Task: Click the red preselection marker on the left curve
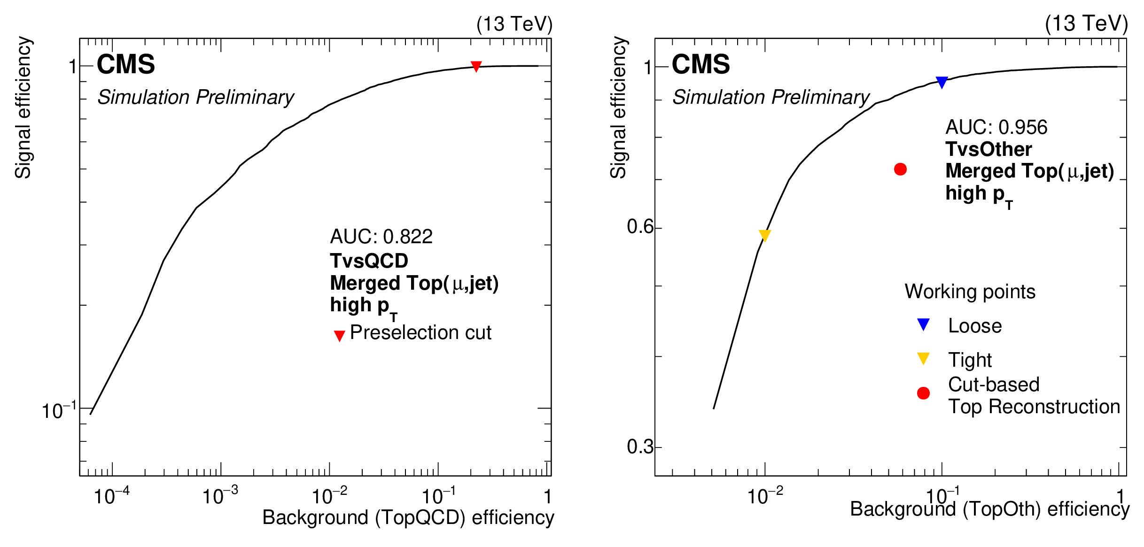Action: tap(476, 66)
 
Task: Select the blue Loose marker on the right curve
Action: tap(942, 82)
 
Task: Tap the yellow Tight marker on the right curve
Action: tap(764, 235)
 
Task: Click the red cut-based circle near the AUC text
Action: tap(900, 169)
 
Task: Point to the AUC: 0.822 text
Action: tap(381, 237)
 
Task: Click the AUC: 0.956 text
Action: tap(996, 127)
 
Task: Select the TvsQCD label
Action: tap(369, 261)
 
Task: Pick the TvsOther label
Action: tap(988, 149)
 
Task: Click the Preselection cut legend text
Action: tap(420, 332)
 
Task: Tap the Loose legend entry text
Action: tap(975, 326)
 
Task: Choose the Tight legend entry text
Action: tap(970, 360)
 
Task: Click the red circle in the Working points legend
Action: tap(923, 393)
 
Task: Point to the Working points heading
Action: tap(970, 292)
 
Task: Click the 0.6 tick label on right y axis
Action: tap(640, 227)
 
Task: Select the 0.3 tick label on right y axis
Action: tap(640, 447)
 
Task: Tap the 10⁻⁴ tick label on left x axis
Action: tap(111, 496)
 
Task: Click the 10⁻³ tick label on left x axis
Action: tap(220, 496)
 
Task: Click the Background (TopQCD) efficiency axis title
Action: tap(408, 517)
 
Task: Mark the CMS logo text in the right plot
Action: tap(700, 64)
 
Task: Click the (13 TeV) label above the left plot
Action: tap(514, 24)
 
